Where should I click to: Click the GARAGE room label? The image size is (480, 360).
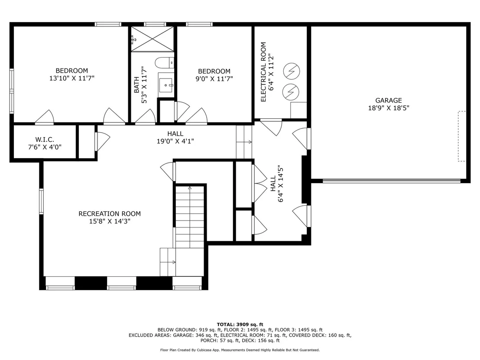click(x=389, y=101)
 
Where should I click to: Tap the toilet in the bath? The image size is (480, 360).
click(x=164, y=63)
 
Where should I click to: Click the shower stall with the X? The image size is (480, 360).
click(x=152, y=39)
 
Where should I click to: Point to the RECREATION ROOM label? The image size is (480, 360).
click(x=110, y=214)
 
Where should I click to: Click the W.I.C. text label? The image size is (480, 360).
click(x=45, y=139)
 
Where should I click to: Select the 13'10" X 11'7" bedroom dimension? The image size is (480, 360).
click(x=72, y=78)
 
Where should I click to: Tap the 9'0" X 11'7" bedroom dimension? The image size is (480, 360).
click(x=214, y=79)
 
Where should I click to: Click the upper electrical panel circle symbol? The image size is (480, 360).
click(x=292, y=71)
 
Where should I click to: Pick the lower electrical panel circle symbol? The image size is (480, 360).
click(x=291, y=91)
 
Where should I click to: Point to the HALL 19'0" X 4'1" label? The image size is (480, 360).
click(x=175, y=137)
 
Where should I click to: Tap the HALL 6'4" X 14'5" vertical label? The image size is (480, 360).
click(x=277, y=184)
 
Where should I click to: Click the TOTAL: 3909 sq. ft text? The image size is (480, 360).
click(x=240, y=324)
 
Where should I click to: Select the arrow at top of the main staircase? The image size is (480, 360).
click(x=190, y=188)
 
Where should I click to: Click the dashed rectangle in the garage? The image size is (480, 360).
click(x=462, y=136)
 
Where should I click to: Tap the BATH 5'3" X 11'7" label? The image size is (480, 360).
click(x=140, y=85)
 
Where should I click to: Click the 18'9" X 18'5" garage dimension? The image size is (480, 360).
click(x=389, y=108)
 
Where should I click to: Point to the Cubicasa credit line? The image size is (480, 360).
click(x=240, y=350)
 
